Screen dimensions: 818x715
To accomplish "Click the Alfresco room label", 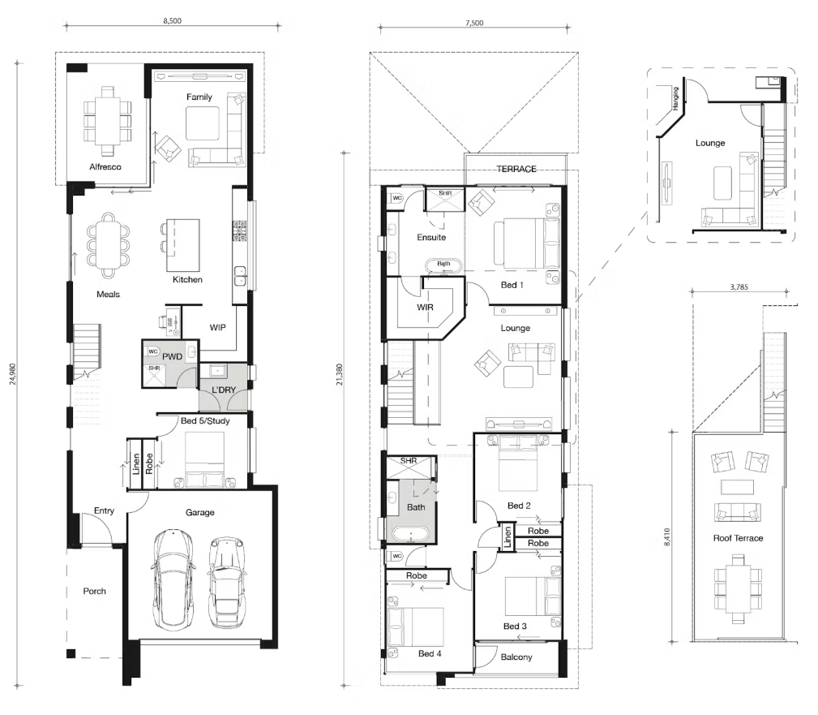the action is tap(105, 167).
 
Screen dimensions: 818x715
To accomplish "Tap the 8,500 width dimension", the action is tap(172, 21).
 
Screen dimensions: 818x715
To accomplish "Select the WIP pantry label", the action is tap(217, 327).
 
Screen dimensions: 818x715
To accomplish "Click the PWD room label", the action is tap(172, 357).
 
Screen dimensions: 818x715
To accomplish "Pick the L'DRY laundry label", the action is tap(224, 390).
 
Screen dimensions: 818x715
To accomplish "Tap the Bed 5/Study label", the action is tap(205, 421).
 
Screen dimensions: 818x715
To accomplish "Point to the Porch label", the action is tap(94, 591).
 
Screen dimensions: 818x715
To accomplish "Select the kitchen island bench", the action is tap(183, 245).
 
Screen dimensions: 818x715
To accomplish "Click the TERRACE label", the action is tap(516, 169).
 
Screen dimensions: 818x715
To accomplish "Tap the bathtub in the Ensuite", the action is tap(443, 265).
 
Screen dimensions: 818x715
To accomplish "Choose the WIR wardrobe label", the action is tap(425, 307).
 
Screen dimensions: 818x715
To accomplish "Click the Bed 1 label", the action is tap(512, 285).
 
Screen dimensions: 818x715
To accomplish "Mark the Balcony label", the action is tap(516, 657).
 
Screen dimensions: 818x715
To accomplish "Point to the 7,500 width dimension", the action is tap(474, 23).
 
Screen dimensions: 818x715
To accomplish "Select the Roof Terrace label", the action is tap(739, 538).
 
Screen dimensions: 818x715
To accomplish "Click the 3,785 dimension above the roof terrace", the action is tap(739, 286).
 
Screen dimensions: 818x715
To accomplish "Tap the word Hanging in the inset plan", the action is tap(675, 97).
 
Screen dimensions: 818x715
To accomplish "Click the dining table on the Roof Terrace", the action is tap(738, 589).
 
